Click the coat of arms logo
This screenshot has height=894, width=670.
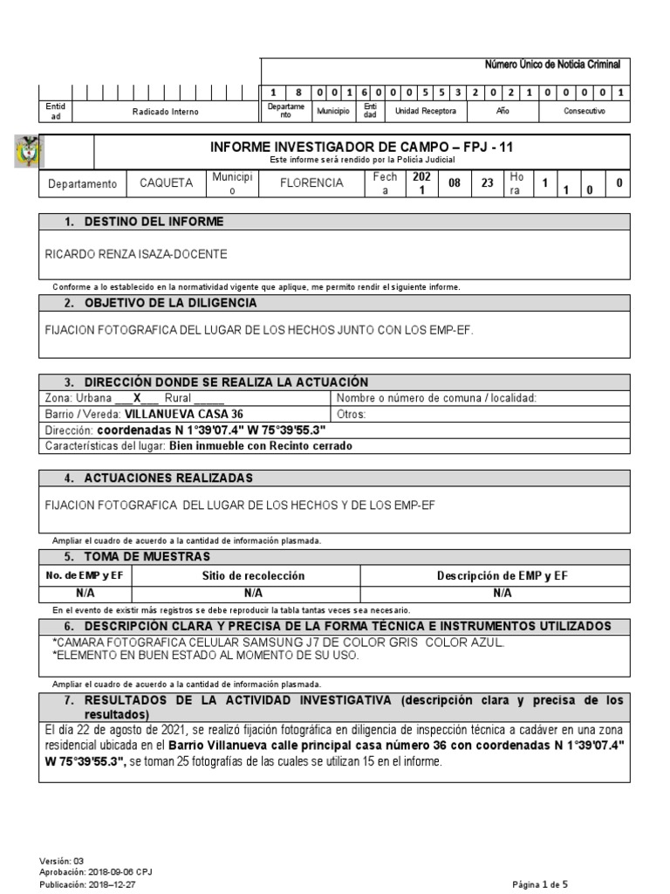28,152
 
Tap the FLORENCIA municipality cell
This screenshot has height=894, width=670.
311,183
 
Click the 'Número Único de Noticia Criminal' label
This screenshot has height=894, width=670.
552,65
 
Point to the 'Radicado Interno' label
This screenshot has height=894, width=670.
165,112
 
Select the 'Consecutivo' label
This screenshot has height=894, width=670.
583,112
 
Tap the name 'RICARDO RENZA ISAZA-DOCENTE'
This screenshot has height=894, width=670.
135,254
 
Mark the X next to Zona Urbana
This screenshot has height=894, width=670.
136,398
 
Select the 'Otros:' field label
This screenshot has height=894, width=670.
351,414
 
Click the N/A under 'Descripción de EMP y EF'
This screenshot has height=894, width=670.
502,592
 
